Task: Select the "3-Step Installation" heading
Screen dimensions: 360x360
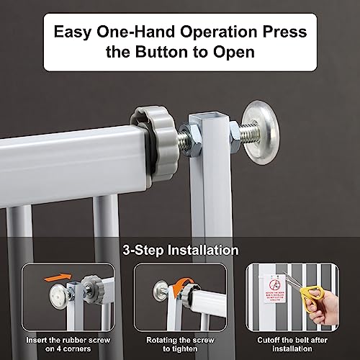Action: [x=181, y=251]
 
